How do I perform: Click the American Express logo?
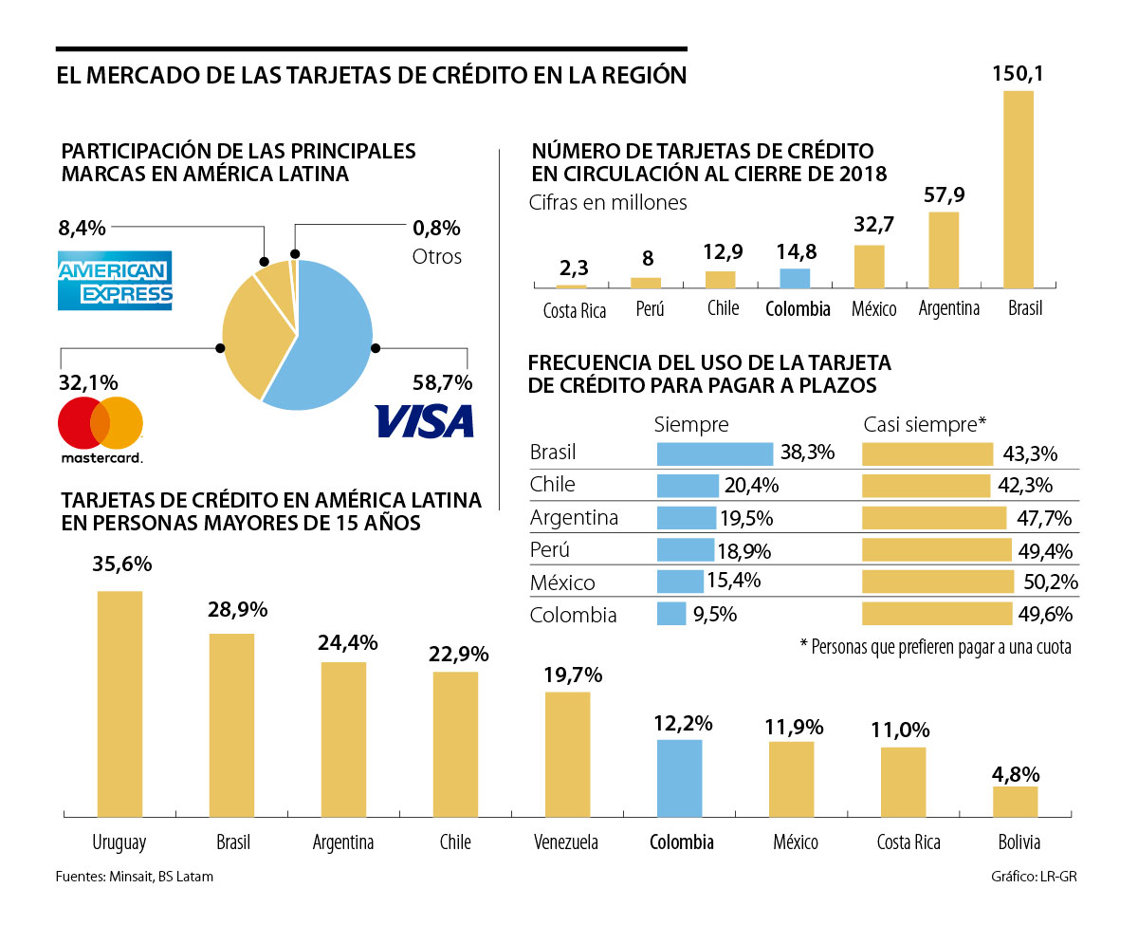pos(115,280)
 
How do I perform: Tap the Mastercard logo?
pos(101,430)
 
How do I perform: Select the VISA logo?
pos(424,420)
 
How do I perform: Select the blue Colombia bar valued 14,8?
pos(795,278)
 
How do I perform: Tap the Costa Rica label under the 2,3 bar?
pos(574,310)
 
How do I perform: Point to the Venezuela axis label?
pos(566,842)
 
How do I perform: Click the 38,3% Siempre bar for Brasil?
pos(715,453)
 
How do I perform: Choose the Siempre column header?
pos(691,424)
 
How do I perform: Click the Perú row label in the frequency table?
pos(550,550)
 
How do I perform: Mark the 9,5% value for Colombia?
pos(714,614)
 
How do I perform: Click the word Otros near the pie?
pos(436,256)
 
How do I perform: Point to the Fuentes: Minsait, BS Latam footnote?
pos(134,877)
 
